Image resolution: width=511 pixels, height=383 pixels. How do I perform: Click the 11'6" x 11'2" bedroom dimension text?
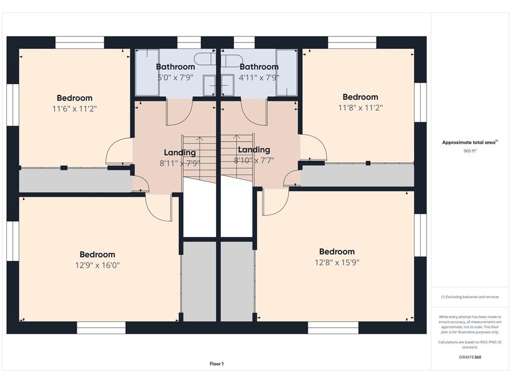pos(75,108)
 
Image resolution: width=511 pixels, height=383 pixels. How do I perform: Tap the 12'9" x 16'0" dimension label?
pos(97,265)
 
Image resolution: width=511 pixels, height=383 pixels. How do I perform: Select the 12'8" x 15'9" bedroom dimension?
pos(337,262)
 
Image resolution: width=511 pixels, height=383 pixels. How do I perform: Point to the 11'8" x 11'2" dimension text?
pos(360,108)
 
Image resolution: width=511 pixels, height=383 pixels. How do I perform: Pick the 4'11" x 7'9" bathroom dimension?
pos(259,77)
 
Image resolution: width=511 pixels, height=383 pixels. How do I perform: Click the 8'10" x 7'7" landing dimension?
pos(254,160)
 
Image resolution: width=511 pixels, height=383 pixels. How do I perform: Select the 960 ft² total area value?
pos(470,151)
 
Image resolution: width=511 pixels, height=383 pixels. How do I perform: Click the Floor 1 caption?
pos(217,364)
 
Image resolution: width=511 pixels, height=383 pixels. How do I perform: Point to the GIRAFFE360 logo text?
pos(470,357)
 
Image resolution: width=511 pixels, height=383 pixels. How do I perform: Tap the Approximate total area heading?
pos(470,142)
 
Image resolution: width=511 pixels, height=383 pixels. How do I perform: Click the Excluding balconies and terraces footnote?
pos(470,297)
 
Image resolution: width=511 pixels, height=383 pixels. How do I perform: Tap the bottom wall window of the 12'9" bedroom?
pos(101,328)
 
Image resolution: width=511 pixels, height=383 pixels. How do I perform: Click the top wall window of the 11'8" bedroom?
pos(352,42)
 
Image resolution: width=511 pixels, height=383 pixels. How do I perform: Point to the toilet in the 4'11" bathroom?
pos(232,60)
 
